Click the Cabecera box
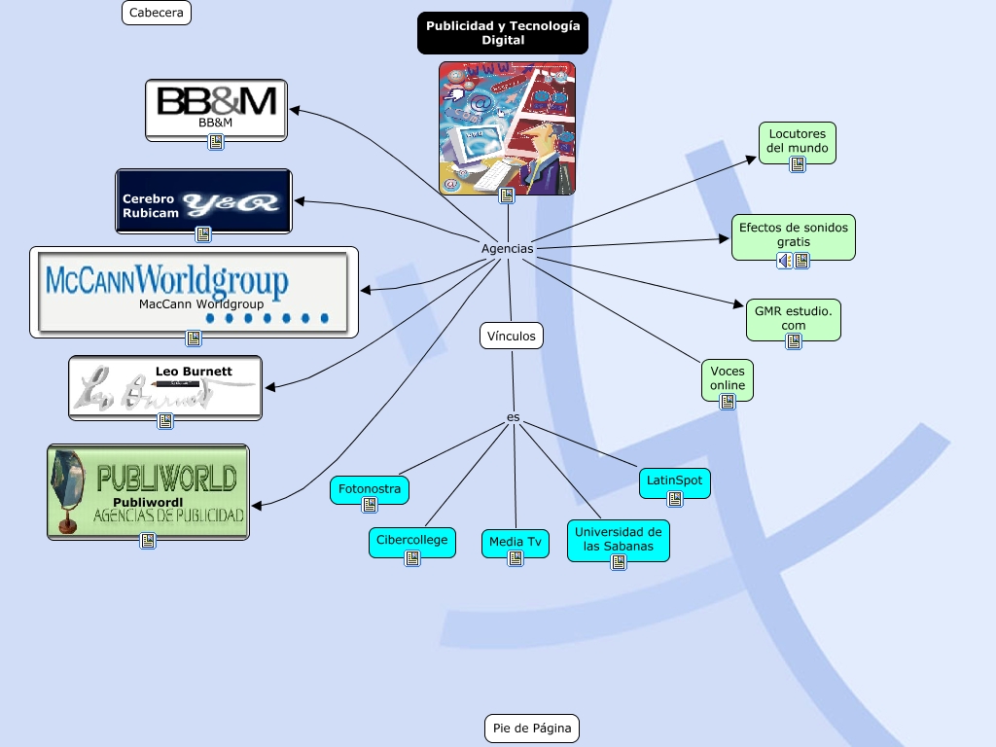157,13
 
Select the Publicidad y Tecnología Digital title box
503,33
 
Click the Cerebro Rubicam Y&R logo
203,199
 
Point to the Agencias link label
508,249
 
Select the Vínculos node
512,336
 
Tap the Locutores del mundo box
798,141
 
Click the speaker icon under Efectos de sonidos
785,261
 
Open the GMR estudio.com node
794,318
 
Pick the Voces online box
728,378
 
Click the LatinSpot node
674,480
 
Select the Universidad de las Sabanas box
619,539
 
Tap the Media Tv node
516,542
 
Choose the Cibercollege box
412,540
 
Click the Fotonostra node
370,488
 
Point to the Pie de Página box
531,728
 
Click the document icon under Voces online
728,401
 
